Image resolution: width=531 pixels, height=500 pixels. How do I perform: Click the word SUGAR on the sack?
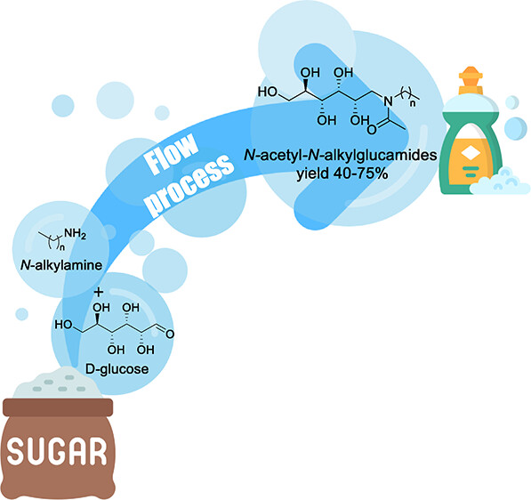(x=57, y=451)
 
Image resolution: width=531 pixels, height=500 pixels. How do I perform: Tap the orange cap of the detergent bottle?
(x=471, y=80)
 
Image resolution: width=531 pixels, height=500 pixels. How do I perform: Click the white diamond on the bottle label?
(x=471, y=153)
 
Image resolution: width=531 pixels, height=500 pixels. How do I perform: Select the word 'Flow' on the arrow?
(x=171, y=154)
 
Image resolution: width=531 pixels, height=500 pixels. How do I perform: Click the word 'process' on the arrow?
(x=191, y=186)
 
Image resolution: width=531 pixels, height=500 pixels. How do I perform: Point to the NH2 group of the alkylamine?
(x=75, y=234)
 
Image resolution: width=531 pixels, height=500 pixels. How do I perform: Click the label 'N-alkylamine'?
(x=61, y=265)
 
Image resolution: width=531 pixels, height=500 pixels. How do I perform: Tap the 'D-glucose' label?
(x=117, y=369)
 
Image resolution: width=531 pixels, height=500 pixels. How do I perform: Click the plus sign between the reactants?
(x=98, y=292)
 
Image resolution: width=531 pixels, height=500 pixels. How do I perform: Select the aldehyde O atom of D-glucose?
(x=170, y=334)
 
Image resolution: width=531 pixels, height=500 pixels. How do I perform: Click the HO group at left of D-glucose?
(x=64, y=325)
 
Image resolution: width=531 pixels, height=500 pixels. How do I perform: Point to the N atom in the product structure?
(x=388, y=101)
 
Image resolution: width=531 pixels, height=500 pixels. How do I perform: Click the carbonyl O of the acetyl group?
(x=372, y=129)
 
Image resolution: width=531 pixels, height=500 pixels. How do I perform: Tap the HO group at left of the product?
(x=268, y=92)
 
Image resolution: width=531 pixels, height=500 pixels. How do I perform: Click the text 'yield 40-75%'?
(x=342, y=173)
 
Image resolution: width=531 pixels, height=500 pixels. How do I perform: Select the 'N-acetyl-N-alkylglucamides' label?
(x=341, y=155)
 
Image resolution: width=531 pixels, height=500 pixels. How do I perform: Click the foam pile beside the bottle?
(x=500, y=181)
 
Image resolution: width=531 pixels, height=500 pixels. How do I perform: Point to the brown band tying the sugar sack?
(x=58, y=407)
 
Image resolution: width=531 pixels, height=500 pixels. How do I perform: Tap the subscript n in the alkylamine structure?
(x=62, y=247)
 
